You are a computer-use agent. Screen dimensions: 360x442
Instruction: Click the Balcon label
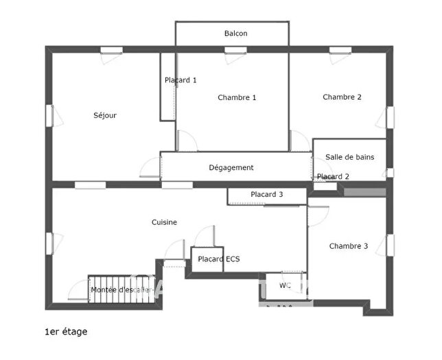coord(235,34)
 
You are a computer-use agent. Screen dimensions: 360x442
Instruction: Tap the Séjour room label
coord(105,115)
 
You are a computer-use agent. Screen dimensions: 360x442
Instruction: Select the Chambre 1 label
coord(237,97)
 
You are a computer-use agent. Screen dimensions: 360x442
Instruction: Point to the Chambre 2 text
coord(342,97)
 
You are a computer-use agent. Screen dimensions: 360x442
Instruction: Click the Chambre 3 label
coord(348,246)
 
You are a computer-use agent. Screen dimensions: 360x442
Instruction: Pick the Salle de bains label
coord(349,157)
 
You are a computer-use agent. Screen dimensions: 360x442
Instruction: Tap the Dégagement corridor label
coord(231,167)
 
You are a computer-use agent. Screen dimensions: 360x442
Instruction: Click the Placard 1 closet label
coord(181,80)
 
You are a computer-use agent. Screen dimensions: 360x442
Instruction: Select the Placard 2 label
coord(333,177)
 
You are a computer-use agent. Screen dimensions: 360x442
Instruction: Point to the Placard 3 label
coord(266,195)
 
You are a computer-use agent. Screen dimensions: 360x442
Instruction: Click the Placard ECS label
coord(218,259)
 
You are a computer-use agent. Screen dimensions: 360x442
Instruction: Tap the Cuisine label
coord(165,222)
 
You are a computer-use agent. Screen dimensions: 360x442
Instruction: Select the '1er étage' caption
coord(66,332)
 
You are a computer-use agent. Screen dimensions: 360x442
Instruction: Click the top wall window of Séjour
coord(111,49)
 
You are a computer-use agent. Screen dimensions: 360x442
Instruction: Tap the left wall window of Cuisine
coord(49,243)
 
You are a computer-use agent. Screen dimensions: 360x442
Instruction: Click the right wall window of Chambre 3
coord(389,245)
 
